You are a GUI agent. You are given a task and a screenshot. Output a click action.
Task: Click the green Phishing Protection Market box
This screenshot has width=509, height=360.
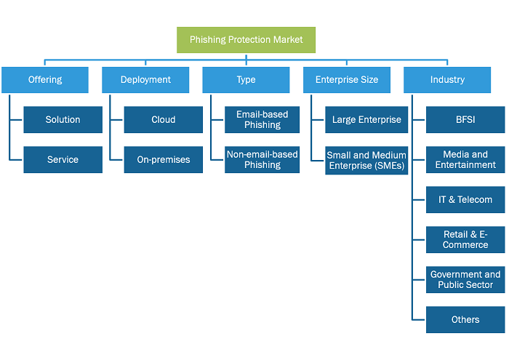point(246,40)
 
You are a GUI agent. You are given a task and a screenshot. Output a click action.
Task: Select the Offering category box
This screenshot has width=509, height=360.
point(45,80)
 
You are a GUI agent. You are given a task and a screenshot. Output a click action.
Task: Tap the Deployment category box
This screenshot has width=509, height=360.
point(145,80)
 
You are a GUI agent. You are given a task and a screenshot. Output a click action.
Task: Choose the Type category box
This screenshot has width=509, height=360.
point(246,80)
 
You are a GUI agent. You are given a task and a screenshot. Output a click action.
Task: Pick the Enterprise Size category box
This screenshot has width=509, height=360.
point(347,80)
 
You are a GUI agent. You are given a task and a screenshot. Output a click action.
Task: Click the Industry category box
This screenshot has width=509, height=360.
point(447,80)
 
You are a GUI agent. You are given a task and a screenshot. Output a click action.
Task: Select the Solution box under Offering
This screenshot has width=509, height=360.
point(63,120)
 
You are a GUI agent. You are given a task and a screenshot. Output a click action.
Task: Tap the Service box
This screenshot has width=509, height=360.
point(63,160)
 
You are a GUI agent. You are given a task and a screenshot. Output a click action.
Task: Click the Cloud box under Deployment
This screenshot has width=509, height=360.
point(164,120)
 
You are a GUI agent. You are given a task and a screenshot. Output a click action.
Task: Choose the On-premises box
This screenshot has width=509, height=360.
point(164,160)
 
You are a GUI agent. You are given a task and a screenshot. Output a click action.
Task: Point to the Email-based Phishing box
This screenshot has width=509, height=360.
point(262,120)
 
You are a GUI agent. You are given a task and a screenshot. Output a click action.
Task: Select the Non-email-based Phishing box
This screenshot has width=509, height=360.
point(262,160)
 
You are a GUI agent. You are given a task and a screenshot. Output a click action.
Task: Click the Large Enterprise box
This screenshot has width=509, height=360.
point(366,120)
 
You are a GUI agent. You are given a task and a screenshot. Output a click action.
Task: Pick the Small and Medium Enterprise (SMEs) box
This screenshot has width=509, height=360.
point(366,160)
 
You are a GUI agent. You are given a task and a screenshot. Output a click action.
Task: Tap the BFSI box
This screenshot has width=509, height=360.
point(465,120)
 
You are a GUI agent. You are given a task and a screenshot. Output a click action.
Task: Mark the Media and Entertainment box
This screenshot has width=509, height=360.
point(465,160)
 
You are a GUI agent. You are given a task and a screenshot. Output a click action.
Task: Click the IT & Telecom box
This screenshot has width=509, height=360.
point(465,200)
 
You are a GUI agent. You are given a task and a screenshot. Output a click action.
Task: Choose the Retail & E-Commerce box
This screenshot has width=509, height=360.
point(465,239)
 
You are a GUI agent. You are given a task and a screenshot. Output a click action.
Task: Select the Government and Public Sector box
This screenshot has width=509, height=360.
point(465,280)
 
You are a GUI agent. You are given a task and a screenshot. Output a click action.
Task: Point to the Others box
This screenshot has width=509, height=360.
point(465,320)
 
